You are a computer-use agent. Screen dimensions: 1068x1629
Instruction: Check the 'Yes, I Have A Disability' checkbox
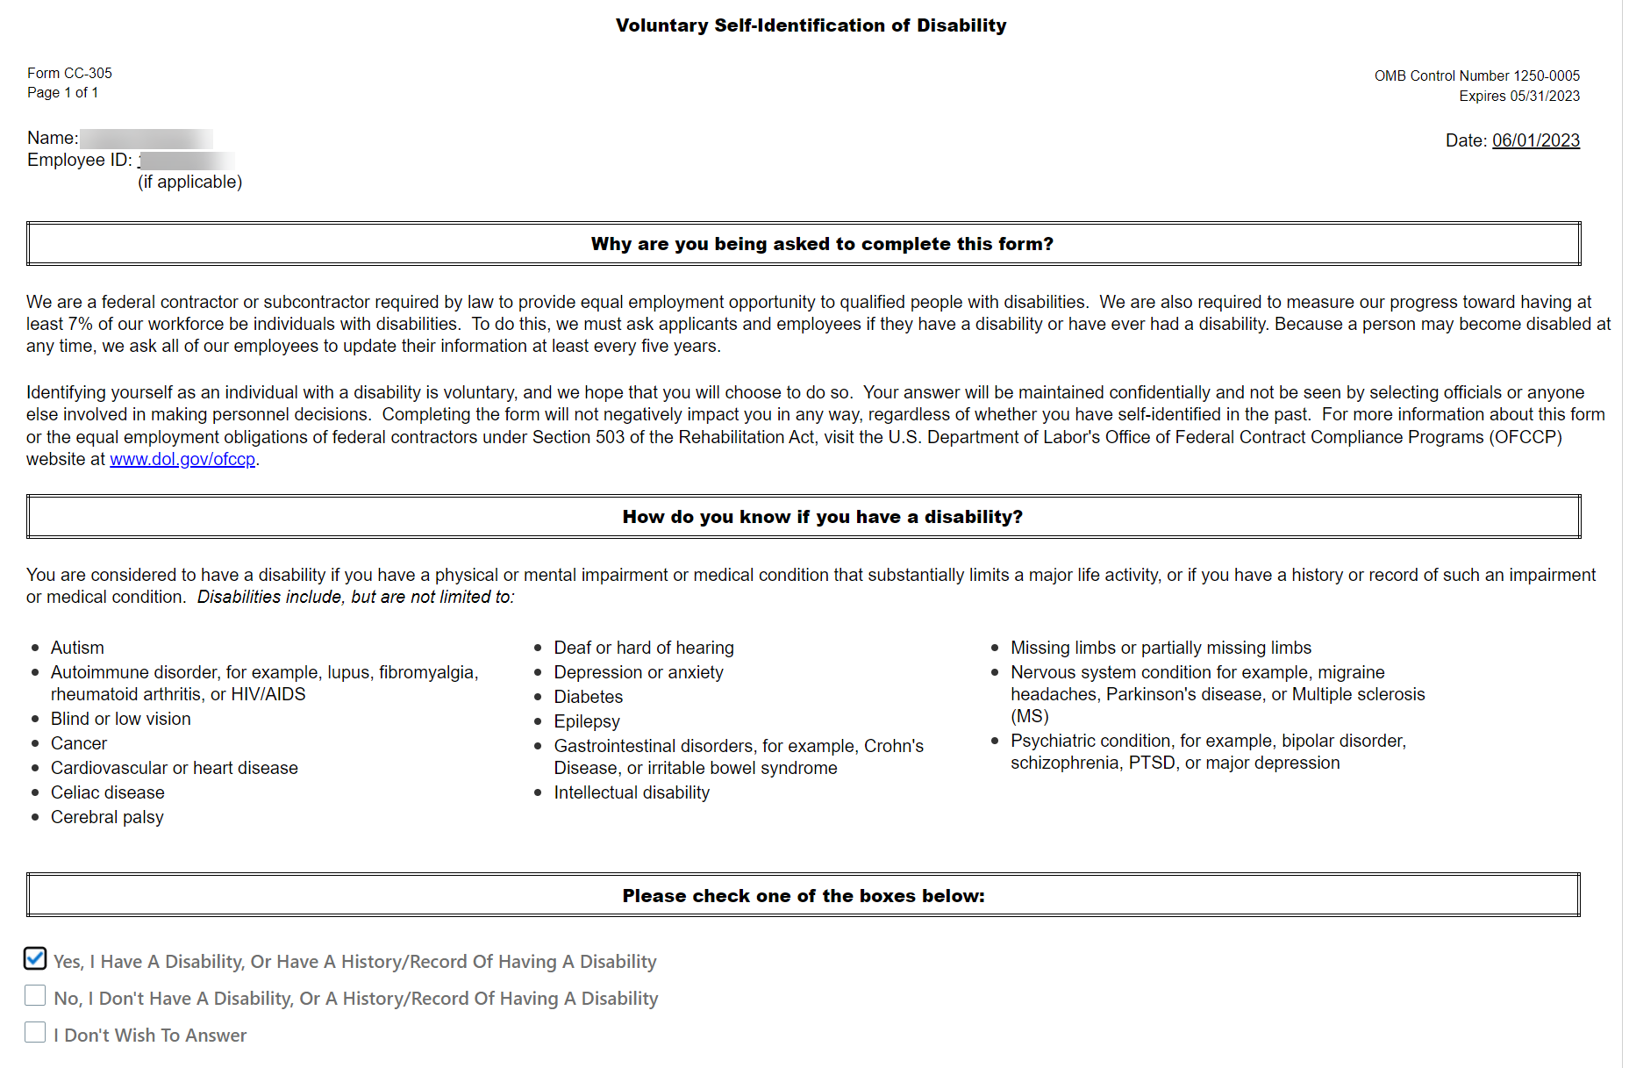pyautogui.click(x=35, y=958)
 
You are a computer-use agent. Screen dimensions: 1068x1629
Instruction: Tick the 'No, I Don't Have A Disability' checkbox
pyautogui.click(x=35, y=995)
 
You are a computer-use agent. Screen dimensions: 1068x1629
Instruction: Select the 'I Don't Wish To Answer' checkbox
pyautogui.click(x=35, y=1032)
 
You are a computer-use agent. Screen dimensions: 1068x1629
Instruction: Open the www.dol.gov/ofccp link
pyautogui.click(x=182, y=459)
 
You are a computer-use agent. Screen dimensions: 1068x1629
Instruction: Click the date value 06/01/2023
pyautogui.click(x=1535, y=140)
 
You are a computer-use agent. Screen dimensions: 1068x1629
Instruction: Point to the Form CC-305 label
pyautogui.click(x=69, y=73)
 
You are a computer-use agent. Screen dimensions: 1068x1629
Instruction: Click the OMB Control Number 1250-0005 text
pyautogui.click(x=1476, y=75)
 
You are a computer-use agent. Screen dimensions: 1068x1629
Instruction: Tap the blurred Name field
pyautogui.click(x=146, y=139)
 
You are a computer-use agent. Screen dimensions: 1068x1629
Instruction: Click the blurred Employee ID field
pyautogui.click(x=187, y=161)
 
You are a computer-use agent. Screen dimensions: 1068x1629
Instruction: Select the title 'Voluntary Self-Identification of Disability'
pyautogui.click(x=811, y=25)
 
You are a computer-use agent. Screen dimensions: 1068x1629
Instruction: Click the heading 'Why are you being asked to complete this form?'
pyautogui.click(x=822, y=244)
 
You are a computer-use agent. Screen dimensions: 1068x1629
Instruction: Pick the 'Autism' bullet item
pyautogui.click(x=77, y=648)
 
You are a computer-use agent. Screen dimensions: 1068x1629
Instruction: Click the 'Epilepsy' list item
pyautogui.click(x=587, y=721)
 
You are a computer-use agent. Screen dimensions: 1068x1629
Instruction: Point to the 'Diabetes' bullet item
pyautogui.click(x=588, y=697)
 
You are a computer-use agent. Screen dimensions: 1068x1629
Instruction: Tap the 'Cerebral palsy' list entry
pyautogui.click(x=107, y=817)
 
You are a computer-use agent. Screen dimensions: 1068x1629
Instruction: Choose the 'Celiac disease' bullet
pyautogui.click(x=107, y=792)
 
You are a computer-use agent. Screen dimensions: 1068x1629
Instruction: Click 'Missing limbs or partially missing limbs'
pyautogui.click(x=1161, y=648)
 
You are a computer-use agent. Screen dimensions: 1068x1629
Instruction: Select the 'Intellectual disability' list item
pyautogui.click(x=632, y=792)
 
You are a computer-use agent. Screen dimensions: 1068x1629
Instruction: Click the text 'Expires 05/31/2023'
pyautogui.click(x=1518, y=96)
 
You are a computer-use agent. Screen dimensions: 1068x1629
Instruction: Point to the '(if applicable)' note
pyautogui.click(x=189, y=182)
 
